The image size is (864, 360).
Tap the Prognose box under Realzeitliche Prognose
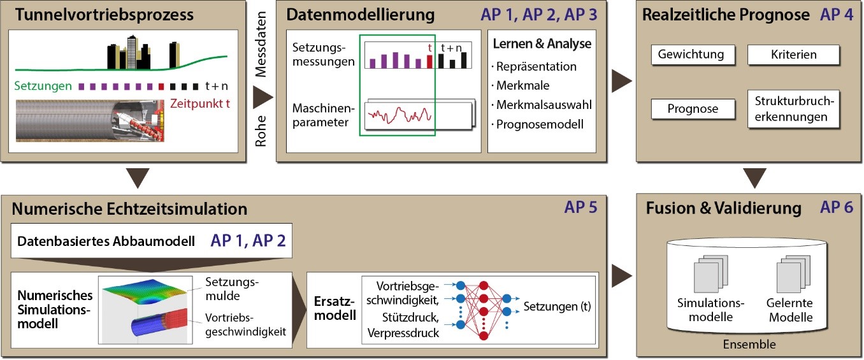tap(693, 109)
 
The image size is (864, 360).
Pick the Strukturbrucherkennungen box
tap(794, 109)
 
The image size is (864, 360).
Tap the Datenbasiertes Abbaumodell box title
tap(106, 241)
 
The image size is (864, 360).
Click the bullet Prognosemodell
tap(540, 124)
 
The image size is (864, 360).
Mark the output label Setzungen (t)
tap(557, 306)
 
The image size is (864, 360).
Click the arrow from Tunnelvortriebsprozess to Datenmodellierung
tap(262, 97)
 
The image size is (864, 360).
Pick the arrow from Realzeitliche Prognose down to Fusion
tap(754, 178)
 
